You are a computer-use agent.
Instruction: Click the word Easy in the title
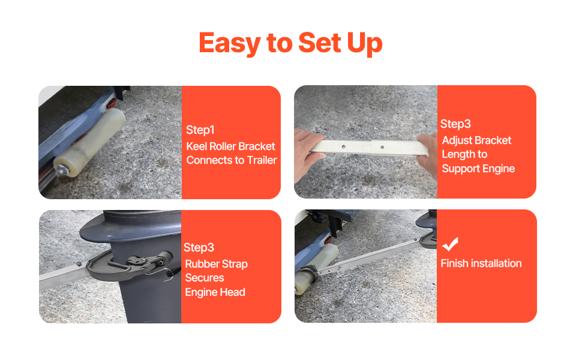[x=230, y=43]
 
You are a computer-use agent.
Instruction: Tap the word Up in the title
[x=364, y=44]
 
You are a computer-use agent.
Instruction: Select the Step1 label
[x=200, y=130]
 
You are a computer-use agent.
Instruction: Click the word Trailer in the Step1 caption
[x=262, y=160]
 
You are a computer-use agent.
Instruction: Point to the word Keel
[x=196, y=146]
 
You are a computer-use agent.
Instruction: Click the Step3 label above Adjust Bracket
[x=455, y=124]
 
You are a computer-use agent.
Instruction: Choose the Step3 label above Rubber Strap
[x=199, y=248]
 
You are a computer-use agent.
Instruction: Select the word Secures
[x=205, y=278]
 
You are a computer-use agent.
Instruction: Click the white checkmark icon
[x=450, y=244]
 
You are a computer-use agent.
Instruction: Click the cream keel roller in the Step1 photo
[x=89, y=143]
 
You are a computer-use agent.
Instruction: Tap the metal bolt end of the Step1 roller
[x=61, y=170]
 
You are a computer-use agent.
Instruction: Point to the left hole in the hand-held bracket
[x=344, y=146]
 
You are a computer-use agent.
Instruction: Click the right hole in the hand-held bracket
[x=382, y=148]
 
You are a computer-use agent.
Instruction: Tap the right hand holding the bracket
[x=428, y=155]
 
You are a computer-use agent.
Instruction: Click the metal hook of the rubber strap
[x=170, y=274]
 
